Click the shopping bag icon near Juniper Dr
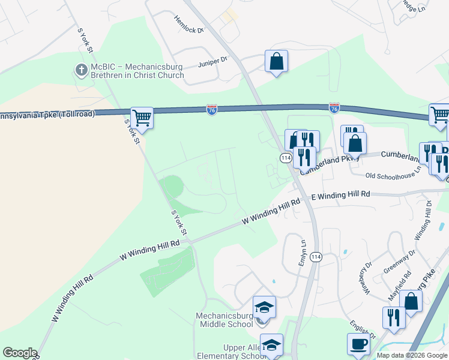pos(276,61)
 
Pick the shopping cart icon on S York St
pos(142,117)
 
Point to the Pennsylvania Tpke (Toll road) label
pos(47,114)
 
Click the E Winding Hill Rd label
pos(340,194)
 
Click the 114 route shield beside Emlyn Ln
pos(317,257)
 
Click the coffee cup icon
pos(359,344)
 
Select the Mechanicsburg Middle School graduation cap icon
pos(264,307)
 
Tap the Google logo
pos(20,353)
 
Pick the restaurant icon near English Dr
pos(394,317)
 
